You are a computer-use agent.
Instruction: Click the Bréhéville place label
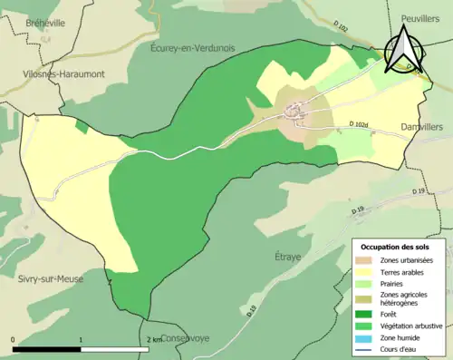click(45, 24)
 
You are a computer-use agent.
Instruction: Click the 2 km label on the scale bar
click(154, 339)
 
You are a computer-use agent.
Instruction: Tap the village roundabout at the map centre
click(294, 112)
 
